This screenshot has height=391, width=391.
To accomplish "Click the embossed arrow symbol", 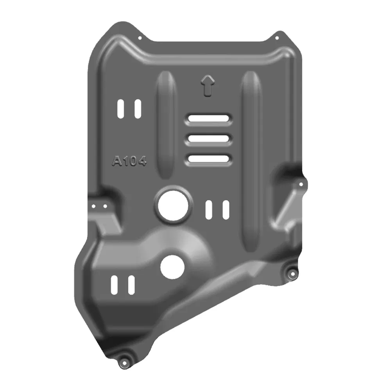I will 208,85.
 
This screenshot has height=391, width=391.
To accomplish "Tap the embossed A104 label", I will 129,161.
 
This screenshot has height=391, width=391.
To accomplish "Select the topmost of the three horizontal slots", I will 208,118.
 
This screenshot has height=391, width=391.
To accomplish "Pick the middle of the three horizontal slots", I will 208,138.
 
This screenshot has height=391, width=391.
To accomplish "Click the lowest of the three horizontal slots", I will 208,158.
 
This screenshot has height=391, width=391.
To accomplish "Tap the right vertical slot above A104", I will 137,108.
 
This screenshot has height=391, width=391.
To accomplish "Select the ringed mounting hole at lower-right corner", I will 291,273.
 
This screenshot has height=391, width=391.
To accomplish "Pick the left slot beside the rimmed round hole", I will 209,209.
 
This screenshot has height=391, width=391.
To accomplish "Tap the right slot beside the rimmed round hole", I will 226,209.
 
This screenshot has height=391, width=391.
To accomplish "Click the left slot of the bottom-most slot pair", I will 114,285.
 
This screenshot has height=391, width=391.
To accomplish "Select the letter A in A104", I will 116,161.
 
